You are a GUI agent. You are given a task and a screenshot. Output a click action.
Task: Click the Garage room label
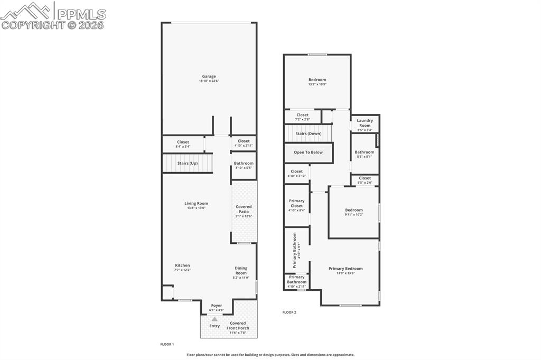pos(209,77)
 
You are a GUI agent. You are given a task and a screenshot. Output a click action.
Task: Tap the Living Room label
pos(196,203)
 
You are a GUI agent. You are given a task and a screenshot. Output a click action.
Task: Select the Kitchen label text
pos(182,266)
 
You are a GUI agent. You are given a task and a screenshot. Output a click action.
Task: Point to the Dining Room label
pos(241,270)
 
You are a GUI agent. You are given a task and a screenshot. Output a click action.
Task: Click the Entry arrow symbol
pos(214,319)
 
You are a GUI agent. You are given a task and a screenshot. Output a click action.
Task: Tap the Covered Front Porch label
pos(238,326)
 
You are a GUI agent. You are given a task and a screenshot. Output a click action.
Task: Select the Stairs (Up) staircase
pos(187,163)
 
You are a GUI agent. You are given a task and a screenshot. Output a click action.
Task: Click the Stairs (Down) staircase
pos(309,133)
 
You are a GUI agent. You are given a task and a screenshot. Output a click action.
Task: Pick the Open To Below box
pos(309,153)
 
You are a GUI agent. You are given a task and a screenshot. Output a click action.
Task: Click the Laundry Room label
pos(365,123)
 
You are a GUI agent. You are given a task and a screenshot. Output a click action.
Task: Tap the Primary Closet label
pos(297,203)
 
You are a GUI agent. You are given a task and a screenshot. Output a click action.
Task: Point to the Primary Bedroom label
pos(346,269)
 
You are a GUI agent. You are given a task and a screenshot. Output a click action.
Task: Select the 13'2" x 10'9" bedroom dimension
pos(318,84)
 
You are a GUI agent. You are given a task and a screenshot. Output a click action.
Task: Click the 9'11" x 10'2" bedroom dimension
pos(354,214)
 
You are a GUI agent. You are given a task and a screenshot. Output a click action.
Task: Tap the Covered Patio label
pos(244,209)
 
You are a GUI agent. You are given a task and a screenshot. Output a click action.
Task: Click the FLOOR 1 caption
pos(167,344)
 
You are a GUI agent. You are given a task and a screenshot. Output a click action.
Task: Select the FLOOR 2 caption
pos(289,312)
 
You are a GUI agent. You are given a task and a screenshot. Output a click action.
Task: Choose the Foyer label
pos(217,306)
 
